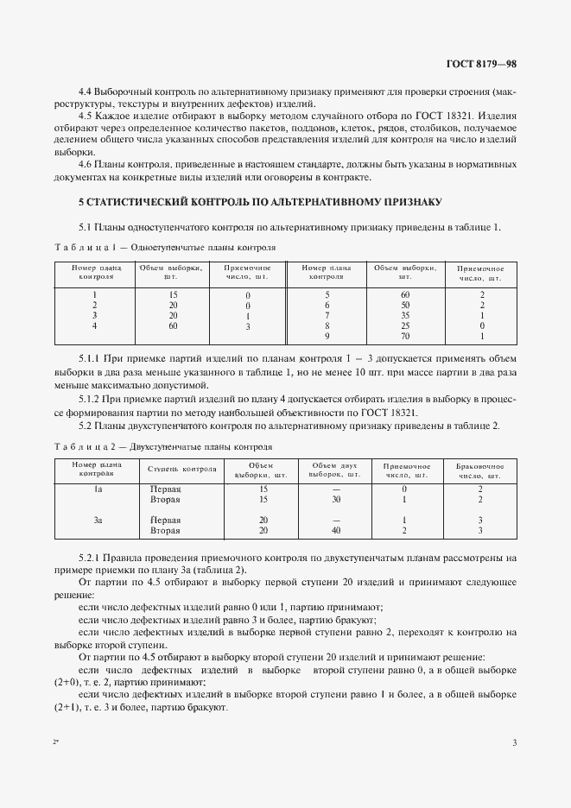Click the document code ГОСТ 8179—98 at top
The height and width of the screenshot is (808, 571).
coord(480,63)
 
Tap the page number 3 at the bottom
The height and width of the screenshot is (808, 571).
coord(514,743)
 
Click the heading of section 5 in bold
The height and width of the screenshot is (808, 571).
coord(260,202)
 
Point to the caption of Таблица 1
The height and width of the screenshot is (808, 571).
coord(164,247)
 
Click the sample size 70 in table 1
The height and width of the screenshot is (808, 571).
coord(404,336)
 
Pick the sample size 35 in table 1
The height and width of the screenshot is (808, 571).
coord(404,315)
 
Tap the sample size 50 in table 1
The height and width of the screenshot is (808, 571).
coord(404,305)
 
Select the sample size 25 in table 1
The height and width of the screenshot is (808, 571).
coord(404,325)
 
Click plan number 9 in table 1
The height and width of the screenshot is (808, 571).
coord(327,336)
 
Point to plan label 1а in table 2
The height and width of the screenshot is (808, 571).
coord(98,489)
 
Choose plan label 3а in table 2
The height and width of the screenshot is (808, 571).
coord(98,521)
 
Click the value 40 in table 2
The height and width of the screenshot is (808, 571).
coord(335,531)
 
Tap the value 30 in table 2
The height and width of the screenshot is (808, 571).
coord(335,499)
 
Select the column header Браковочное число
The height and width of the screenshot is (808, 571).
coord(479,470)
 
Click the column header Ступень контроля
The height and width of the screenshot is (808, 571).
coord(181,470)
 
